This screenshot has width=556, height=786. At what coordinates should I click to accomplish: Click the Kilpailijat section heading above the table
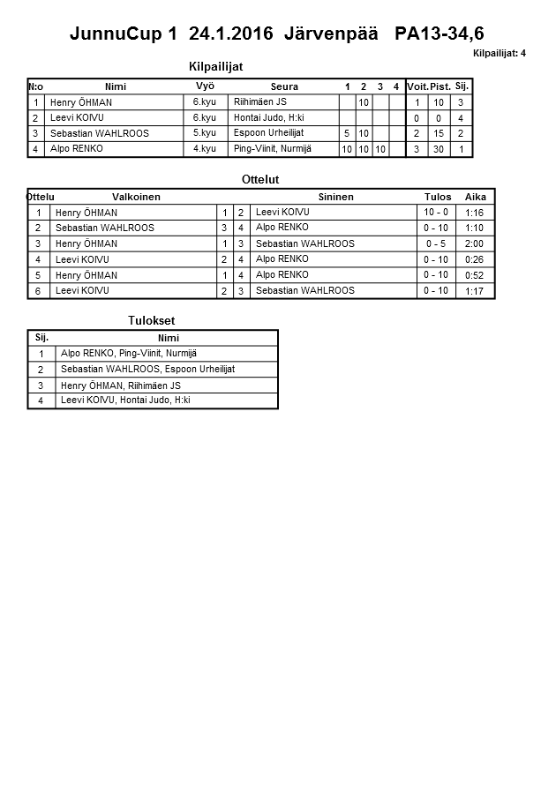[x=215, y=66]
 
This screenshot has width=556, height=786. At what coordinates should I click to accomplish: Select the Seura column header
[x=284, y=86]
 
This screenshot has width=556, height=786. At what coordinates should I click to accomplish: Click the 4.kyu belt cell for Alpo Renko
[x=205, y=149]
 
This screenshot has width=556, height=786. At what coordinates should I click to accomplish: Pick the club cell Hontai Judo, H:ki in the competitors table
[x=269, y=117]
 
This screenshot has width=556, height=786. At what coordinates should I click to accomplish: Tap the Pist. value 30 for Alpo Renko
[x=436, y=150]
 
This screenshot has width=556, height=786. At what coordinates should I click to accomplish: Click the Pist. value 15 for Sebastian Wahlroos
[x=436, y=134]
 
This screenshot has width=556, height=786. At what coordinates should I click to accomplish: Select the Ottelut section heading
[x=260, y=179]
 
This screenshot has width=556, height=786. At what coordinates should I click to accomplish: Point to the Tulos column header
[x=437, y=197]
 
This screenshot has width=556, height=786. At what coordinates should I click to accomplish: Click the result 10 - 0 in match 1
[x=436, y=212]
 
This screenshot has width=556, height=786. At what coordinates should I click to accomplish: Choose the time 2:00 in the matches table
[x=474, y=243]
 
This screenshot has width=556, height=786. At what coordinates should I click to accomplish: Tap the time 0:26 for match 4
[x=474, y=259]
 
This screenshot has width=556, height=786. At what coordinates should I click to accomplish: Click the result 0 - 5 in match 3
[x=436, y=243]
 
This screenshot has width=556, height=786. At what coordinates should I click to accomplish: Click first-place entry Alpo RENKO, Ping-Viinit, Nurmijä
[x=129, y=353]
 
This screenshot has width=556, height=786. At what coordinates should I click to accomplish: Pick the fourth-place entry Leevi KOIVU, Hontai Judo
[x=125, y=400]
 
